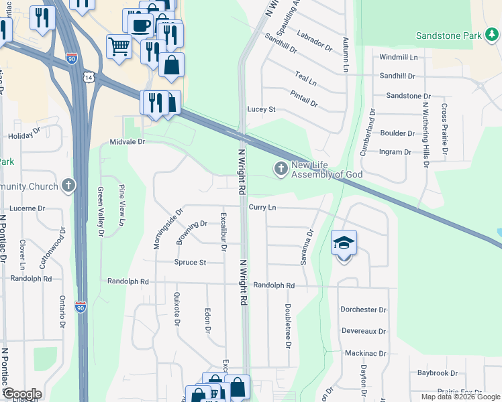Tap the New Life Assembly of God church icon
(281, 167)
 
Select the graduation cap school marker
(344, 243)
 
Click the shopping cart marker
(118, 47)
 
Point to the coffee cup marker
(140, 25)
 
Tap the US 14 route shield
(89, 78)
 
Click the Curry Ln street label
(262, 208)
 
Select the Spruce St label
(190, 262)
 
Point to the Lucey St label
(262, 109)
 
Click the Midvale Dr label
(128, 142)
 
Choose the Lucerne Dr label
(28, 208)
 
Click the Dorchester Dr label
(363, 310)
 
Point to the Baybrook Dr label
(437, 373)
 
